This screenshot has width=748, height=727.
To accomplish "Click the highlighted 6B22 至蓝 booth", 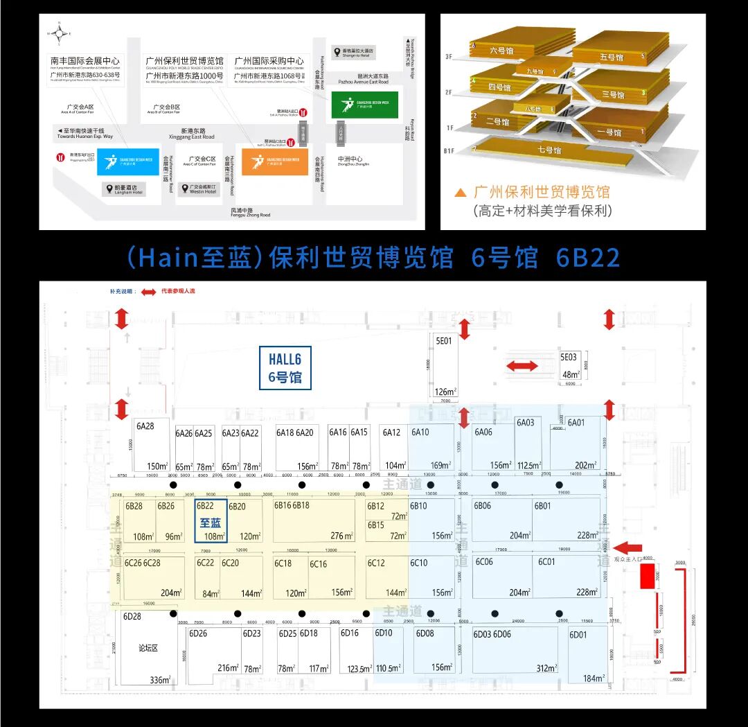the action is (211, 520).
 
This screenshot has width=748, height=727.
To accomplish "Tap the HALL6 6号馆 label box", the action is (285, 368).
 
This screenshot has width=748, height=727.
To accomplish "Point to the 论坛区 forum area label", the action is (148, 648).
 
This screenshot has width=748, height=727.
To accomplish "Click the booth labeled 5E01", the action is (443, 341).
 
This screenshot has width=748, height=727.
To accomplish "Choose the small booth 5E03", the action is (569, 357).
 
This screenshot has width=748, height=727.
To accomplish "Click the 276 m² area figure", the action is (341, 536).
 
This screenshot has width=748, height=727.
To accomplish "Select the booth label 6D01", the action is (578, 635).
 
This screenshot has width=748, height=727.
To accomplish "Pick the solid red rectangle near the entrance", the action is (647, 577).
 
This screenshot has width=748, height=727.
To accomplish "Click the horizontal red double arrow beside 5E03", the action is (522, 366).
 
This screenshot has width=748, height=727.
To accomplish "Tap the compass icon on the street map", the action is (60, 31).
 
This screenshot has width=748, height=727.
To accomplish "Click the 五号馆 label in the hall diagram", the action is (611, 57).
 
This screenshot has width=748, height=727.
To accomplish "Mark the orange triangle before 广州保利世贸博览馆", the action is (459, 193).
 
